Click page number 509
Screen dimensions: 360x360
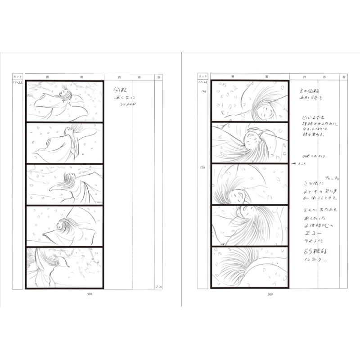pos(270,295)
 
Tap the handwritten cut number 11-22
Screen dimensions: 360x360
pos(18,83)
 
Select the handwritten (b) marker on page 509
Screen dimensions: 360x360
pos(203,167)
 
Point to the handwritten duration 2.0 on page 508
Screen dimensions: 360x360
pos(158,286)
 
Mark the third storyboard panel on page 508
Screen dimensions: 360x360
pos(64,184)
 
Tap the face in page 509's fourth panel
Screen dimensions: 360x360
pos(247,211)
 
